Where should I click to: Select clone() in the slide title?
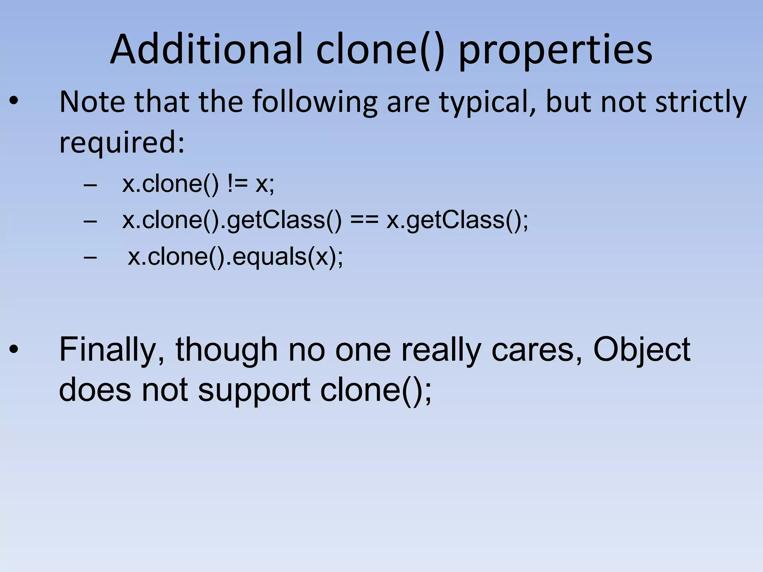[380, 50]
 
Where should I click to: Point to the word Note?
[92, 101]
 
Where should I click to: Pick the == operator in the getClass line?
[364, 220]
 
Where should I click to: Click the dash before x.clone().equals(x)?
[90, 257]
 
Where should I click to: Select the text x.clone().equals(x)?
[235, 257]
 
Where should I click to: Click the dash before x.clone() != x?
[90, 184]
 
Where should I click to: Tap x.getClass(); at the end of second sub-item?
[457, 220]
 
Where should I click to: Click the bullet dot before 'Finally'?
[13, 350]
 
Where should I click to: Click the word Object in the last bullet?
[642, 350]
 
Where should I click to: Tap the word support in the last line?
[254, 390]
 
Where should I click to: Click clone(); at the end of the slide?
[376, 390]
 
